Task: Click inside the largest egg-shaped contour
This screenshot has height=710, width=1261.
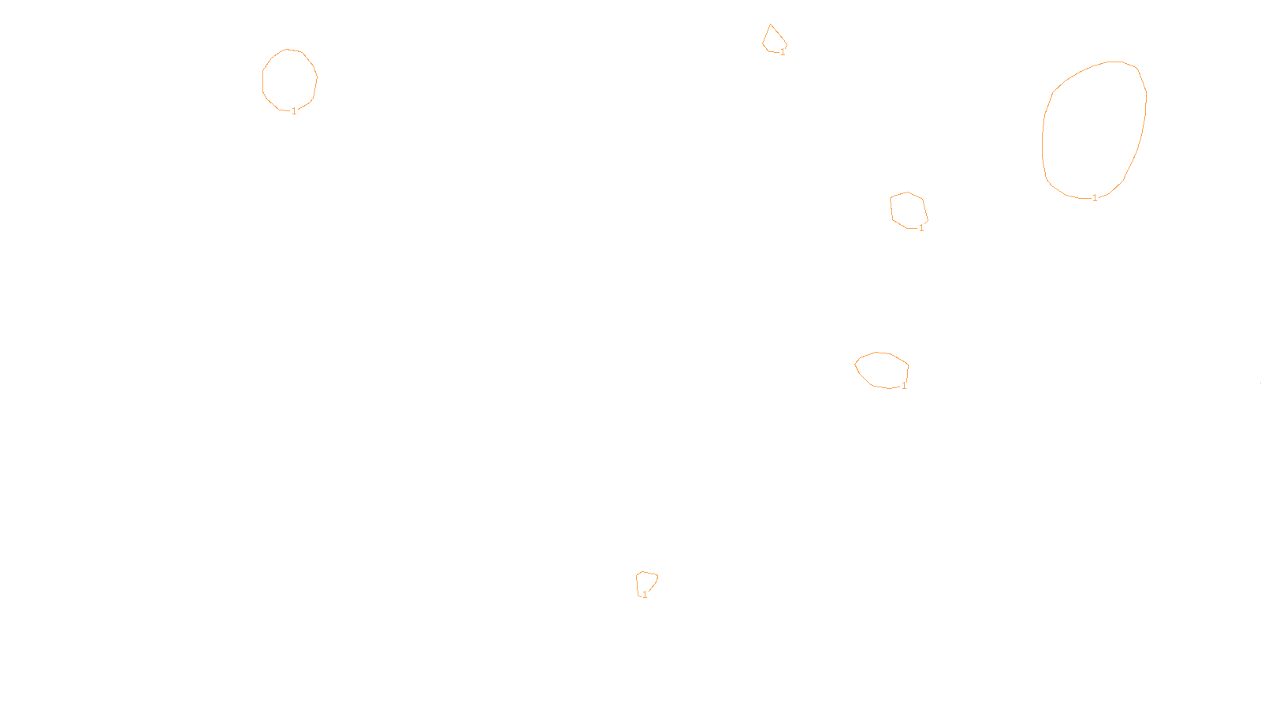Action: point(1094,130)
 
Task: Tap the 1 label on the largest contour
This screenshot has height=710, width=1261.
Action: point(1094,198)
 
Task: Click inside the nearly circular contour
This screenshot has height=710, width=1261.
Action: point(289,79)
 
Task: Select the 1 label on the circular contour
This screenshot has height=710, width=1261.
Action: point(294,111)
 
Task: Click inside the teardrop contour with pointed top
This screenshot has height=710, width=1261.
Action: point(773,40)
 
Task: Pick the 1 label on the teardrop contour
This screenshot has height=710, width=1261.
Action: point(783,52)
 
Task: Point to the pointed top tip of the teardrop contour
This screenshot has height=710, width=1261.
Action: point(771,25)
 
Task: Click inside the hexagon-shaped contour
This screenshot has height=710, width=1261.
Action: point(909,210)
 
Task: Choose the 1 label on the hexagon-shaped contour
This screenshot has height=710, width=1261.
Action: point(921,228)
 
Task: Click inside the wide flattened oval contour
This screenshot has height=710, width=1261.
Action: point(883,369)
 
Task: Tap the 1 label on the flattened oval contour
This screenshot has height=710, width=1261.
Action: point(904,386)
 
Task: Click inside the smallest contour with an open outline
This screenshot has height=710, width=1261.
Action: point(646,582)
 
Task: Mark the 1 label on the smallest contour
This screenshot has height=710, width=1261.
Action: point(645,595)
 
